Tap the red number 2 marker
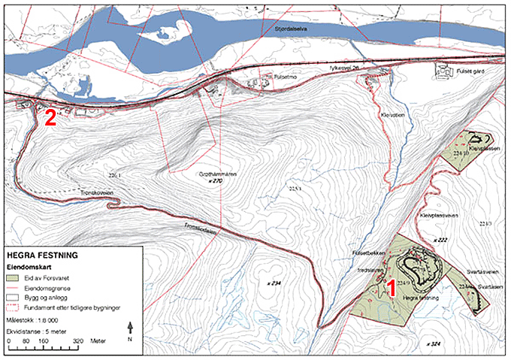click(x=50, y=117)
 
